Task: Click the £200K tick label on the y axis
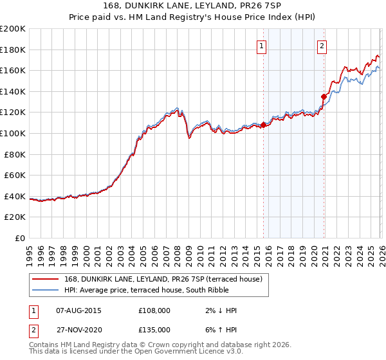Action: point(13,29)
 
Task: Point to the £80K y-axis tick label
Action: point(15,154)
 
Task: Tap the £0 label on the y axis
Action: point(21,238)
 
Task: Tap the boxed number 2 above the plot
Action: point(322,45)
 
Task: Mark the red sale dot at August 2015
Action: point(263,125)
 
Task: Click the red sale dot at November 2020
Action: point(324,96)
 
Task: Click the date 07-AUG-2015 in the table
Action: point(79,310)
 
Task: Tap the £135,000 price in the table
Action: point(154,329)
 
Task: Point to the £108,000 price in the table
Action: point(154,310)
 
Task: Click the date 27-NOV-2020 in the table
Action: point(79,329)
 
